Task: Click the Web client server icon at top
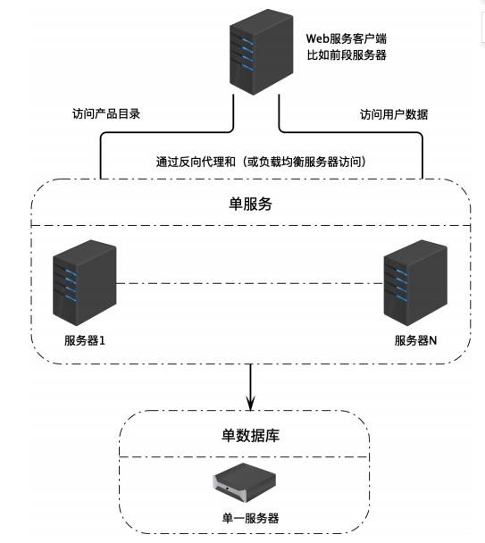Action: (262, 52)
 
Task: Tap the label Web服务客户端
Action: (346, 38)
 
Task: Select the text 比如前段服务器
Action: (347, 55)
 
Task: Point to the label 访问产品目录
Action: (106, 114)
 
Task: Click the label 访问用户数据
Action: (394, 114)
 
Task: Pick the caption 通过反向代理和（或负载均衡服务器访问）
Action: (261, 162)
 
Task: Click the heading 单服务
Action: (250, 204)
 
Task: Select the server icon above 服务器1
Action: (85, 282)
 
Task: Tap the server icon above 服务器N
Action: (415, 282)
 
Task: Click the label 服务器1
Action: (85, 340)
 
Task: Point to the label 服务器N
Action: (415, 340)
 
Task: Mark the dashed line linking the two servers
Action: (250, 284)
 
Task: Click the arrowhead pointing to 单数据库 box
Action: (250, 404)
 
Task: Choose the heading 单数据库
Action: (250, 435)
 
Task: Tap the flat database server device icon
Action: (244, 482)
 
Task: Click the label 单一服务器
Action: (250, 518)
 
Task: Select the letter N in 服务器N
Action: (432, 341)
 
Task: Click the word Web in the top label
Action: (317, 38)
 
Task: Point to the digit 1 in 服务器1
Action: (102, 341)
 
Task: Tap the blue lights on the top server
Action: (247, 54)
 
